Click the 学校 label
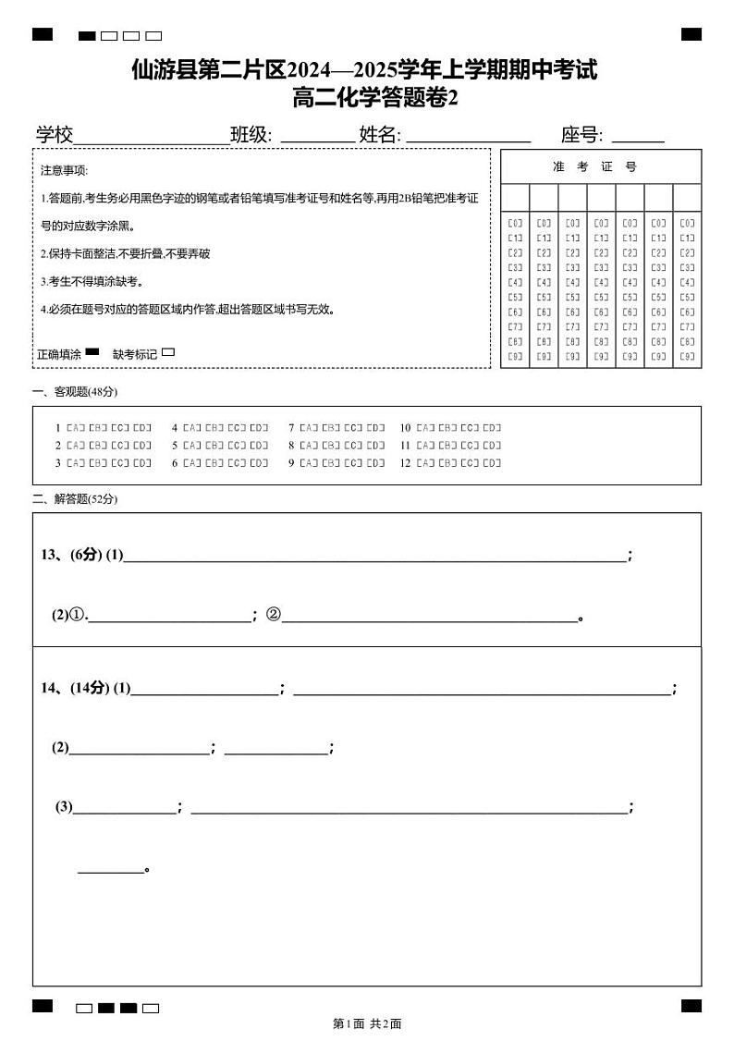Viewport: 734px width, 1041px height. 55,135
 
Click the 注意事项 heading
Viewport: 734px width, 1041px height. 64,171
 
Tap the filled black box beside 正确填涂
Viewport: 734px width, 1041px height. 92,352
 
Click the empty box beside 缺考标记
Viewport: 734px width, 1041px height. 168,352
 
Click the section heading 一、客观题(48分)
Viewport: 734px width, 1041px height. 75,392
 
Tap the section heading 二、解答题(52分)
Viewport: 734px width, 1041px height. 75,499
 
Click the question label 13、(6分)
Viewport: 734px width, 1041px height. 71,555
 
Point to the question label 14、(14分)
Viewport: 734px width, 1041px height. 75,688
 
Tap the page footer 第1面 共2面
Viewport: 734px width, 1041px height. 366,1023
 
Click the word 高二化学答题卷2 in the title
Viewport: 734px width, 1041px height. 374,97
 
